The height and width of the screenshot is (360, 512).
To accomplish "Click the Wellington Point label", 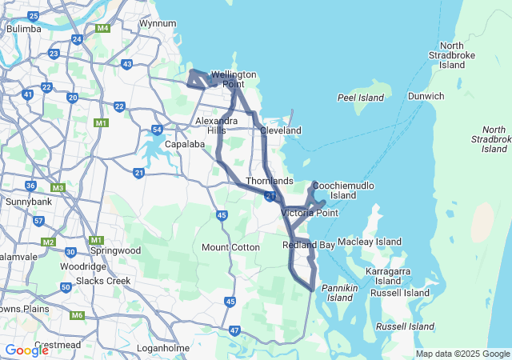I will (234, 79).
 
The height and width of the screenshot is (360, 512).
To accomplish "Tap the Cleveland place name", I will (280, 130).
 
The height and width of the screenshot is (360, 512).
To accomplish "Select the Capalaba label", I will (186, 145).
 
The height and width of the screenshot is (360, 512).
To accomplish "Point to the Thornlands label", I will (270, 182).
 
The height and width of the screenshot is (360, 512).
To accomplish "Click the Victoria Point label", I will (310, 213).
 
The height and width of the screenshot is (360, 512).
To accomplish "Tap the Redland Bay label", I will (309, 245).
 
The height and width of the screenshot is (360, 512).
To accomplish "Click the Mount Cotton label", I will (230, 247).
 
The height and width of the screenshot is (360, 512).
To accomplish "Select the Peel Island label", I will (361, 98).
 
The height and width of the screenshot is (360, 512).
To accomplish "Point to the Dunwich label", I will (426, 96).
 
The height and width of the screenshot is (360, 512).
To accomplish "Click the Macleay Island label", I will (370, 241).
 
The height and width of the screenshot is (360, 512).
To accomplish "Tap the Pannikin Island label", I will (341, 292).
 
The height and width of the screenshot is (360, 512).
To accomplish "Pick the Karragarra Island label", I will (388, 276).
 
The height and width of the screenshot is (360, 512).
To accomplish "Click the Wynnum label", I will (157, 23).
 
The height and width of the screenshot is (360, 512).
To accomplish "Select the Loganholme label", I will (162, 349).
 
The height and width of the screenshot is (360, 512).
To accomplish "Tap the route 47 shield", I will (234, 330).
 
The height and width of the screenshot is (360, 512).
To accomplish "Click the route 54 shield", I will (158, 129).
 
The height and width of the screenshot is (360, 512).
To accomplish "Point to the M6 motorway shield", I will (77, 315).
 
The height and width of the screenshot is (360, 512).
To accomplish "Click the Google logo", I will (27, 350).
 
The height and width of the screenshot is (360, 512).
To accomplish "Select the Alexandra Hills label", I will (216, 126).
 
